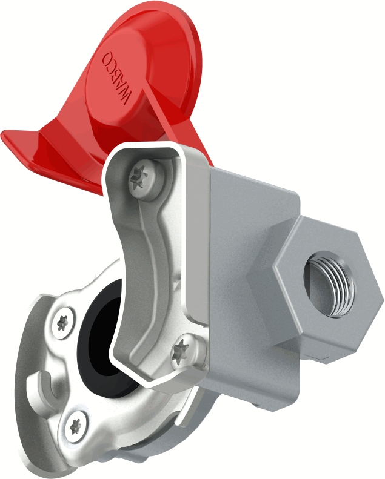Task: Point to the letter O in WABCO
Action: pyautogui.click(x=107, y=57)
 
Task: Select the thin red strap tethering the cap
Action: pyautogui.click(x=159, y=113)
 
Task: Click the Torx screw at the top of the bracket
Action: pyautogui.click(x=146, y=178)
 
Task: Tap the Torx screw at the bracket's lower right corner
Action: pyautogui.click(x=185, y=352)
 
